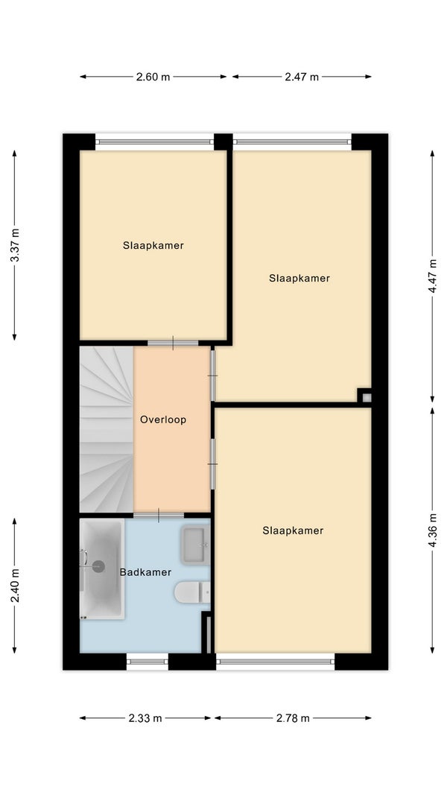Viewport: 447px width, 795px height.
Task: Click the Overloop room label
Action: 163,419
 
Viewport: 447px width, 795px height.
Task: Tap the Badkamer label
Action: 145,572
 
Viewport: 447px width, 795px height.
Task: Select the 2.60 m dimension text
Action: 153,77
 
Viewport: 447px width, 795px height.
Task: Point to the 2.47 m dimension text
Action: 302,77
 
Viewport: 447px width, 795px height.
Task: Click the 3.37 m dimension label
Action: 15,245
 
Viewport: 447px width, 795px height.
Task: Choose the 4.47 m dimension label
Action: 432,276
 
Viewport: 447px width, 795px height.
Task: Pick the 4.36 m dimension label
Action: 432,530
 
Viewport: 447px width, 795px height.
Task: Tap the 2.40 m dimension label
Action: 15,586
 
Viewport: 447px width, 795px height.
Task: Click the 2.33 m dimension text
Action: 145,718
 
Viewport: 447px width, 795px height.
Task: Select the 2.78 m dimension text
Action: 293,718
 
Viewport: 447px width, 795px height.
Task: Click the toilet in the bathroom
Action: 192,592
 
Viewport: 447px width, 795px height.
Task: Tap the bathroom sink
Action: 195,545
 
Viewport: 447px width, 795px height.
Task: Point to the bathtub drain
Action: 98,566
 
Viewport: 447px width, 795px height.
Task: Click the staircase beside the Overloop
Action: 107,429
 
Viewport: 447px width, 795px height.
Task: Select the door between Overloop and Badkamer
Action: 159,516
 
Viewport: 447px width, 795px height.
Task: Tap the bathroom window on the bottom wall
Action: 147,661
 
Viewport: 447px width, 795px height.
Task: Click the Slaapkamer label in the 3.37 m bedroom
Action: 153,245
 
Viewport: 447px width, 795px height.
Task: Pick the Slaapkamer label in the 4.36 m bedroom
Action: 293,530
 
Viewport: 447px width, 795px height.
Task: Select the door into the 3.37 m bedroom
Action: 173,343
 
